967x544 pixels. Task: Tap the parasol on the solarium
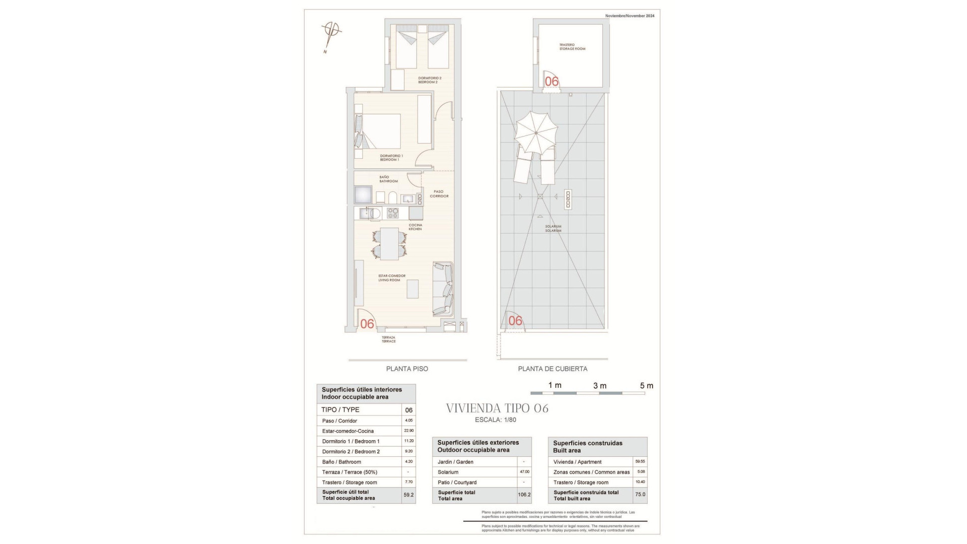536,132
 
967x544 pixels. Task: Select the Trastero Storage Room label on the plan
572,47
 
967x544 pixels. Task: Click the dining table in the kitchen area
389,243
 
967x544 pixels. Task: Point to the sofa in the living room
443,290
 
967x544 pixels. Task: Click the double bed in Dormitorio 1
380,131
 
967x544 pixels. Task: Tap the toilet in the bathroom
393,197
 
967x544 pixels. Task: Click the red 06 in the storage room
552,82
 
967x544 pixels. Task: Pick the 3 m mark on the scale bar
600,386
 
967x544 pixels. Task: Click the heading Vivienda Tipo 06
497,409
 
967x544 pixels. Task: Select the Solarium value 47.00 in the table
524,472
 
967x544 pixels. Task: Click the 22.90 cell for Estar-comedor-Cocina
408,431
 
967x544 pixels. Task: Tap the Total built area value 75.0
640,495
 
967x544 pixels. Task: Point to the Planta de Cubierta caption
552,369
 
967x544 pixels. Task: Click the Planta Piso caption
407,369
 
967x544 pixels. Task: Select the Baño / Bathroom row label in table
341,462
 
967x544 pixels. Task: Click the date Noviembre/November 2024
630,16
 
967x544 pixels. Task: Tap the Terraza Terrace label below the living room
388,339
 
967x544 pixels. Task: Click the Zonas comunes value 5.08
640,472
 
